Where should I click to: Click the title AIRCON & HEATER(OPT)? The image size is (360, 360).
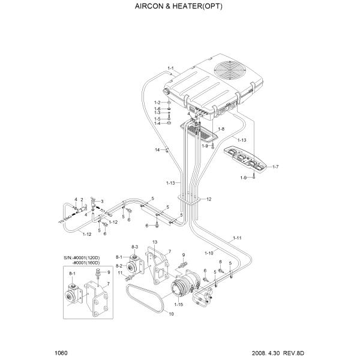pyautogui.click(x=180, y=9)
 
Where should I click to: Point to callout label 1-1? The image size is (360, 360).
pyautogui.click(x=170, y=68)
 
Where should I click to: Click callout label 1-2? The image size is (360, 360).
pyautogui.click(x=157, y=103)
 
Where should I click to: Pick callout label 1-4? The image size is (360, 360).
pyautogui.click(x=157, y=124)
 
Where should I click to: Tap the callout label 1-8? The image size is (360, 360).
pyautogui.click(x=221, y=129)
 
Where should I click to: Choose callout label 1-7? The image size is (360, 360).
pyautogui.click(x=275, y=166)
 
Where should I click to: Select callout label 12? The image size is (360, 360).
pyautogui.click(x=208, y=199)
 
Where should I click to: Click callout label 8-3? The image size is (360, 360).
pyautogui.click(x=134, y=247)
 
